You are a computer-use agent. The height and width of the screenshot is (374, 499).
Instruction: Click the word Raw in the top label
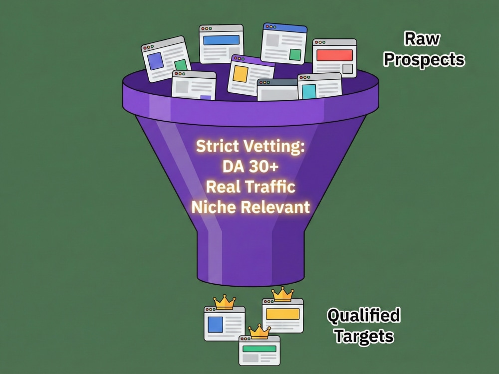pyautogui.click(x=422, y=39)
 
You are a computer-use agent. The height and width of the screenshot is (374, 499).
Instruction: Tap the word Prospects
pyautogui.click(x=424, y=60)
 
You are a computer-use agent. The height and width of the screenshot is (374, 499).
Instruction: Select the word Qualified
pyautogui.click(x=364, y=316)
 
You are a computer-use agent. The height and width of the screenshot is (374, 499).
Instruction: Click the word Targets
pyautogui.click(x=364, y=337)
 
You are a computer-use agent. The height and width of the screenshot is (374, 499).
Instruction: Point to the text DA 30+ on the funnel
pyautogui.click(x=250, y=166)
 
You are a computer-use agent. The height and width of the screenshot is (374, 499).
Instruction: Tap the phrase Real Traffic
pyautogui.click(x=251, y=187)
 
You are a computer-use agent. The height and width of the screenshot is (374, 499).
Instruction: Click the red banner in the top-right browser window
pyautogui.click(x=334, y=55)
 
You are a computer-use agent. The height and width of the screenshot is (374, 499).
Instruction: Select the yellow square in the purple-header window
pyautogui.click(x=241, y=74)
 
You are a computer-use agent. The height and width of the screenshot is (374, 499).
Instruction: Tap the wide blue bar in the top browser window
pyautogui.click(x=221, y=40)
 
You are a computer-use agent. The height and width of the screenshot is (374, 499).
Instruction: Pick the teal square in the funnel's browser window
pyautogui.click(x=309, y=91)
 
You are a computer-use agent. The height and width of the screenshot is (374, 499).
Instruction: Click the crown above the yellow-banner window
pyautogui.click(x=282, y=294)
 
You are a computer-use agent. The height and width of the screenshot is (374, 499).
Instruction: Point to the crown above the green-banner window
pyautogui.click(x=259, y=332)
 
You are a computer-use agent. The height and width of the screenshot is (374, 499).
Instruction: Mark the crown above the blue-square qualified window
pyautogui.click(x=225, y=302)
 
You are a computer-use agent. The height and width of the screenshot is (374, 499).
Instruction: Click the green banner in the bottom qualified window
pyautogui.click(x=259, y=349)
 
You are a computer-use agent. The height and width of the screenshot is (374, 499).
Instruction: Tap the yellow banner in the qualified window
pyautogui.click(x=282, y=314)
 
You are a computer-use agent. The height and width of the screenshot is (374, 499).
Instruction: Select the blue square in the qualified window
pyautogui.click(x=216, y=325)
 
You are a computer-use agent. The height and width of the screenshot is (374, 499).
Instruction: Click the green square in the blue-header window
pyautogui.click(x=295, y=54)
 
